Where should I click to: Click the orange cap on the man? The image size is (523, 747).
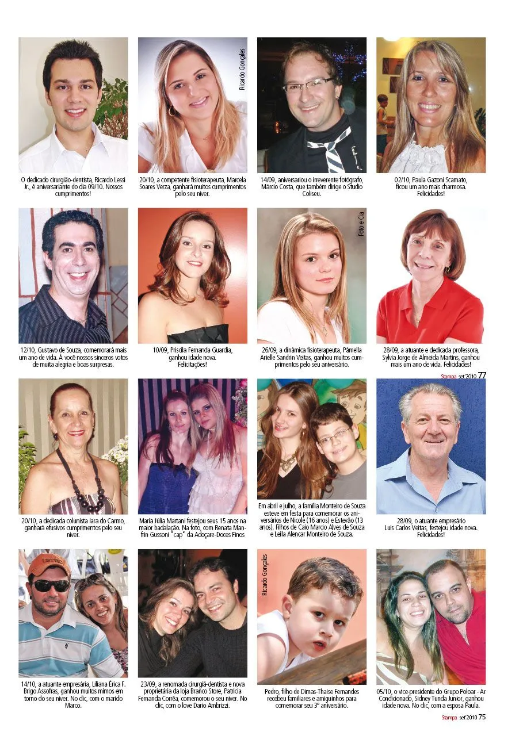coord(48,564)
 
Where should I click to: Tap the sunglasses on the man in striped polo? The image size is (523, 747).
coord(50,585)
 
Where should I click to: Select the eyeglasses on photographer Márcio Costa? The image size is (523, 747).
coord(308,86)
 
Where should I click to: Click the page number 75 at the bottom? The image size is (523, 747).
coord(482,717)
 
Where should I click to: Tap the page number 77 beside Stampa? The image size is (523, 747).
coord(482,375)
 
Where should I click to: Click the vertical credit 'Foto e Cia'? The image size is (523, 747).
coord(361,224)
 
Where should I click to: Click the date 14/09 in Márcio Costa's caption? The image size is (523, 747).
coord(268,179)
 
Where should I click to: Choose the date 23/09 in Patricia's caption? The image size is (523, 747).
coord(148,684)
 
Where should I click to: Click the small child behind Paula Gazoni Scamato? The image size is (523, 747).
coord(382,124)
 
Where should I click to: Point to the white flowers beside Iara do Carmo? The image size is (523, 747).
coord(117,454)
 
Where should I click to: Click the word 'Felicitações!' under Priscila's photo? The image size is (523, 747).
coord(193,365)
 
